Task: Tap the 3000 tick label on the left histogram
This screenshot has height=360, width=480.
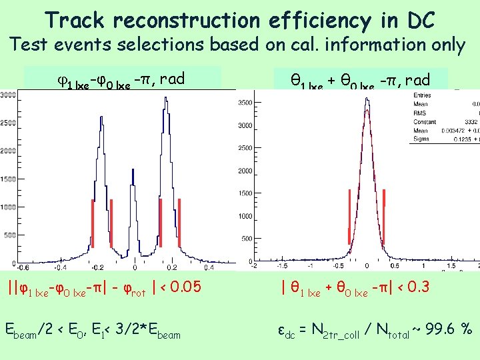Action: (x=8, y=95)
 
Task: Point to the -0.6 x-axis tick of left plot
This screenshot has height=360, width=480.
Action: (x=23, y=267)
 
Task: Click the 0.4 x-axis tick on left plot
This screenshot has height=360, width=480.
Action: (x=209, y=267)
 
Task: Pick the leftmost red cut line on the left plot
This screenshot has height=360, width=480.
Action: (x=93, y=223)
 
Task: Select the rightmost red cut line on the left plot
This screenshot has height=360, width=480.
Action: (x=180, y=223)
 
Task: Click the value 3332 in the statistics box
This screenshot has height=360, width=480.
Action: (x=473, y=123)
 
